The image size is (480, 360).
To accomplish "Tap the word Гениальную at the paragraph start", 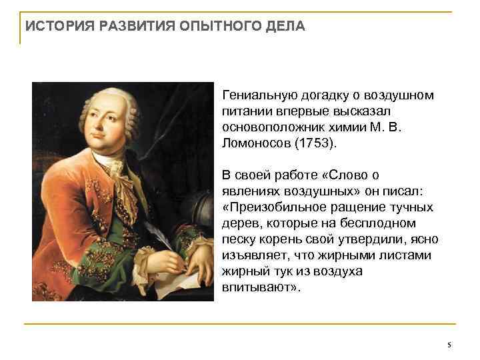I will coord(254,95).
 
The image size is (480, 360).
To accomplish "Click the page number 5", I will coord(449,345).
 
